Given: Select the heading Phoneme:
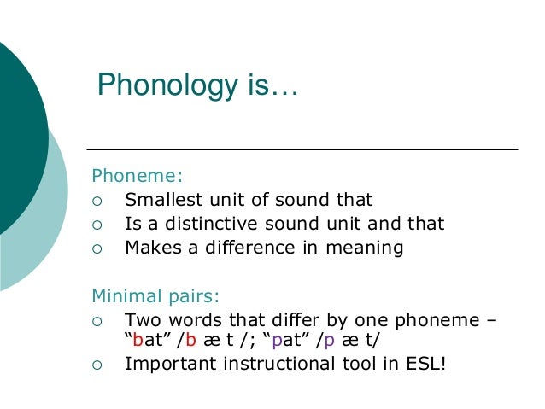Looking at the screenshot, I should pos(137,177).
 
